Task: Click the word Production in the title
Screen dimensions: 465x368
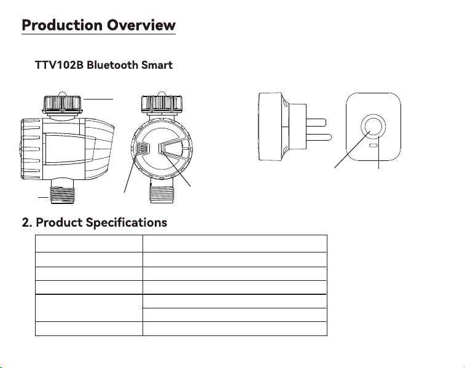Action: coord(61,25)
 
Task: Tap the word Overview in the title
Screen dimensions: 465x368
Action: coord(141,25)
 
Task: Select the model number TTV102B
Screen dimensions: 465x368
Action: coord(60,65)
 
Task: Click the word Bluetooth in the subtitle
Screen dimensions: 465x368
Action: coord(112,65)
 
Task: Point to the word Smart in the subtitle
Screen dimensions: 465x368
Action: coord(157,65)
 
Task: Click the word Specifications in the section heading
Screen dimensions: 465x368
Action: coord(127,222)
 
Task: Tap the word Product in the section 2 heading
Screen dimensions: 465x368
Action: coord(59,222)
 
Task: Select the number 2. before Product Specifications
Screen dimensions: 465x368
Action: coord(26,222)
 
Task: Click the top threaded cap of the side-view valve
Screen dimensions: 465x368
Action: coord(62,104)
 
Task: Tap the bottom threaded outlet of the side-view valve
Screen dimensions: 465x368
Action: coord(62,195)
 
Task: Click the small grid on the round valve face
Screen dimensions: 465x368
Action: coord(143,148)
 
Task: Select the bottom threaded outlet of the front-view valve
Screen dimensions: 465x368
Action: coord(162,195)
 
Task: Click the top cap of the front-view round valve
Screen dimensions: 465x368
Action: coord(162,104)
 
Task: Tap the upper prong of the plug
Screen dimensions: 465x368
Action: coord(316,122)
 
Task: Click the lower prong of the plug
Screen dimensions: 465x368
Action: coord(319,137)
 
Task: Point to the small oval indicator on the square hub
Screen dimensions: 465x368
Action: coord(373,146)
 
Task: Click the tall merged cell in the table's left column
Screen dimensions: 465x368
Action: coord(89,308)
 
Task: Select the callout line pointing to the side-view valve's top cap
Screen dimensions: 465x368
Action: coord(98,99)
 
